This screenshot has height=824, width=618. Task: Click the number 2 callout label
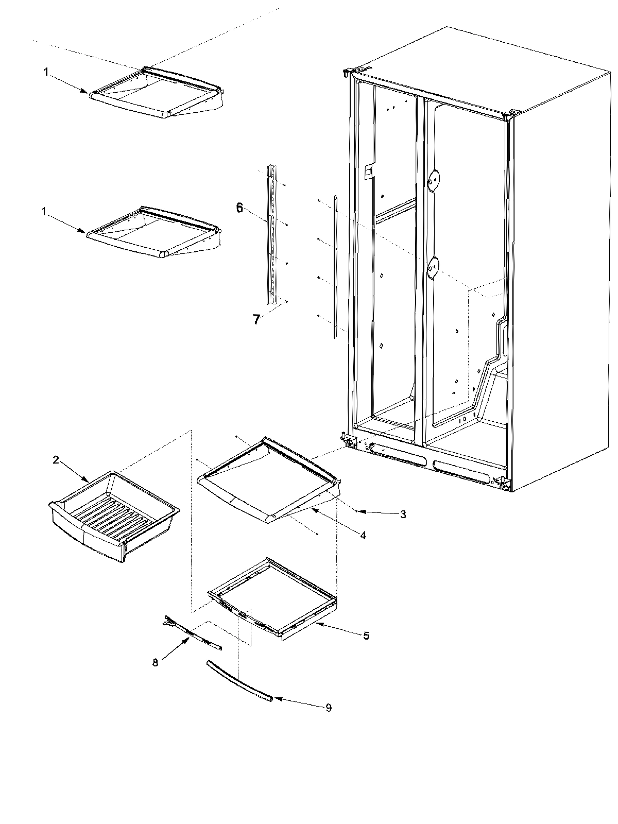click(56, 461)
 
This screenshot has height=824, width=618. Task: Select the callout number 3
click(403, 514)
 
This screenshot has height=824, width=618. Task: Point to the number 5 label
click(366, 636)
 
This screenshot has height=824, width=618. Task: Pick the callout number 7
click(256, 319)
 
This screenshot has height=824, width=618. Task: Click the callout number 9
click(328, 708)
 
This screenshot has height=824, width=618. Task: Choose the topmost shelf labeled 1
click(154, 93)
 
